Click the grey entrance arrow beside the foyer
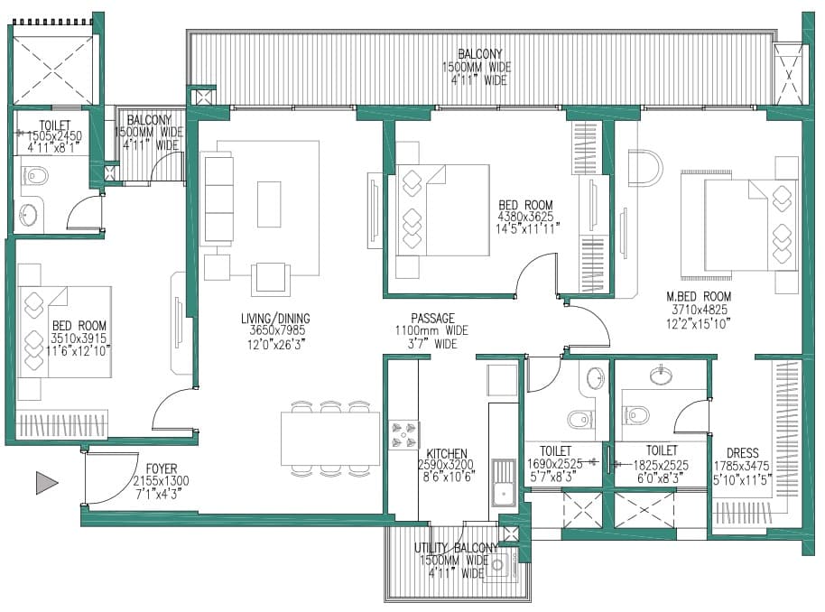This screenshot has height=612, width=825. (46, 483)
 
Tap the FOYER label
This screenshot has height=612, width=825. (162, 468)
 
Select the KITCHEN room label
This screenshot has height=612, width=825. (447, 454)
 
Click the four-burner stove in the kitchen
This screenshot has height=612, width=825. (404, 435)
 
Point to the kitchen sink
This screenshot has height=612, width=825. (504, 483)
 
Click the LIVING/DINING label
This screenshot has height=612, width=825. (275, 319)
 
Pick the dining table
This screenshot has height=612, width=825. (330, 439)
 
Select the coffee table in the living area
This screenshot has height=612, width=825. (269, 204)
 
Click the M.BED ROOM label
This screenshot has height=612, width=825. (699, 296)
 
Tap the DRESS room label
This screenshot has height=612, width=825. (742, 453)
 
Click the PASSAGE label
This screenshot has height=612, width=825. (432, 319)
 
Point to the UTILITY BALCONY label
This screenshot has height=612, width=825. (456, 548)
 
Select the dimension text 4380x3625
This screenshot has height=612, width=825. (525, 217)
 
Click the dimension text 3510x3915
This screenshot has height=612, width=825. (79, 338)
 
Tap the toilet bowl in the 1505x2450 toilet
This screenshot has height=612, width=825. (36, 175)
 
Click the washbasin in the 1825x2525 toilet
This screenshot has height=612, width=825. (661, 375)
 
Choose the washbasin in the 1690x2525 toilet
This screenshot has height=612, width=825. (596, 376)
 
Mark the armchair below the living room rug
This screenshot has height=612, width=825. (271, 280)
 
